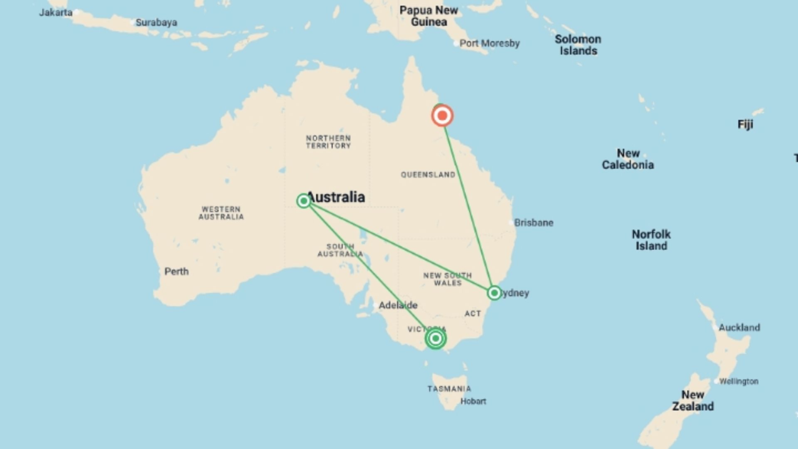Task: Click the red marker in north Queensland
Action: (x=442, y=116)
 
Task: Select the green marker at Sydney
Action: (x=494, y=293)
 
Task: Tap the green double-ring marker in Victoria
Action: (x=436, y=338)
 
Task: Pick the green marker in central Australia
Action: (x=304, y=201)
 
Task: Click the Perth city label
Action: (x=176, y=271)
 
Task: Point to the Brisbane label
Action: (x=534, y=223)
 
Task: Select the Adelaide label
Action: (x=398, y=305)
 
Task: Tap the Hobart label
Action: (x=473, y=401)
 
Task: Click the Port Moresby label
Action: (x=489, y=43)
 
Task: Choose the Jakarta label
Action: (x=56, y=12)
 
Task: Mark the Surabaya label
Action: (x=156, y=22)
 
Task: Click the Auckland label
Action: (x=739, y=328)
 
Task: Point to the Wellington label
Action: (x=739, y=381)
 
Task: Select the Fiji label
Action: (x=745, y=124)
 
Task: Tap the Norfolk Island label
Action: (x=651, y=240)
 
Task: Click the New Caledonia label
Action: (x=628, y=159)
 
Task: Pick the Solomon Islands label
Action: (x=578, y=45)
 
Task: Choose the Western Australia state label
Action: (x=221, y=213)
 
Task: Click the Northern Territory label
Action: (x=328, y=142)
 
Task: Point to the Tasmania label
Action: (x=449, y=389)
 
